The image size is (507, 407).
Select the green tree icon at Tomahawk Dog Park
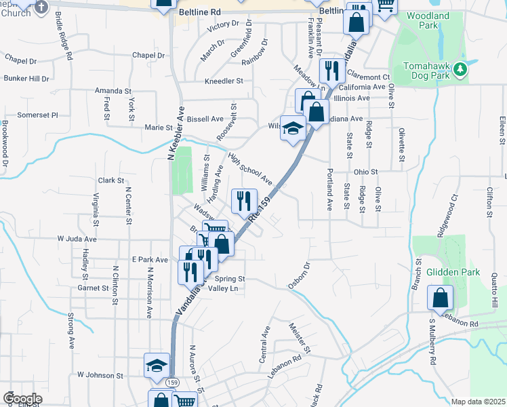tap(461, 68)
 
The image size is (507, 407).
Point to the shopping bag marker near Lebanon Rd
tap(440, 297)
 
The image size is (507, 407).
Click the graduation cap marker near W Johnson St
tap(157, 365)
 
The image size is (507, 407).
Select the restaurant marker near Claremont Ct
tap(331, 69)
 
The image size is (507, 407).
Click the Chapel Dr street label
tap(148, 55)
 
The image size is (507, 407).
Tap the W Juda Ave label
tap(77, 239)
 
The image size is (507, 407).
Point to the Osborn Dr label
tap(299, 276)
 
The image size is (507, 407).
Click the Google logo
tap(22, 398)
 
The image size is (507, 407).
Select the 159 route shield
tap(173, 383)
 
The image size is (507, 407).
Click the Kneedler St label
tap(224, 81)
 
